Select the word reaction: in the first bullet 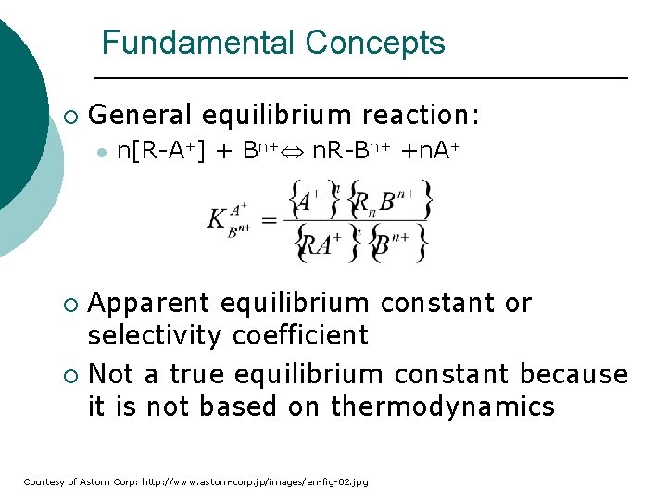click(x=422, y=115)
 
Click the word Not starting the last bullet click(x=110, y=374)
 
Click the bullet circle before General click(x=72, y=117)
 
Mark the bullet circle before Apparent click(x=72, y=305)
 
